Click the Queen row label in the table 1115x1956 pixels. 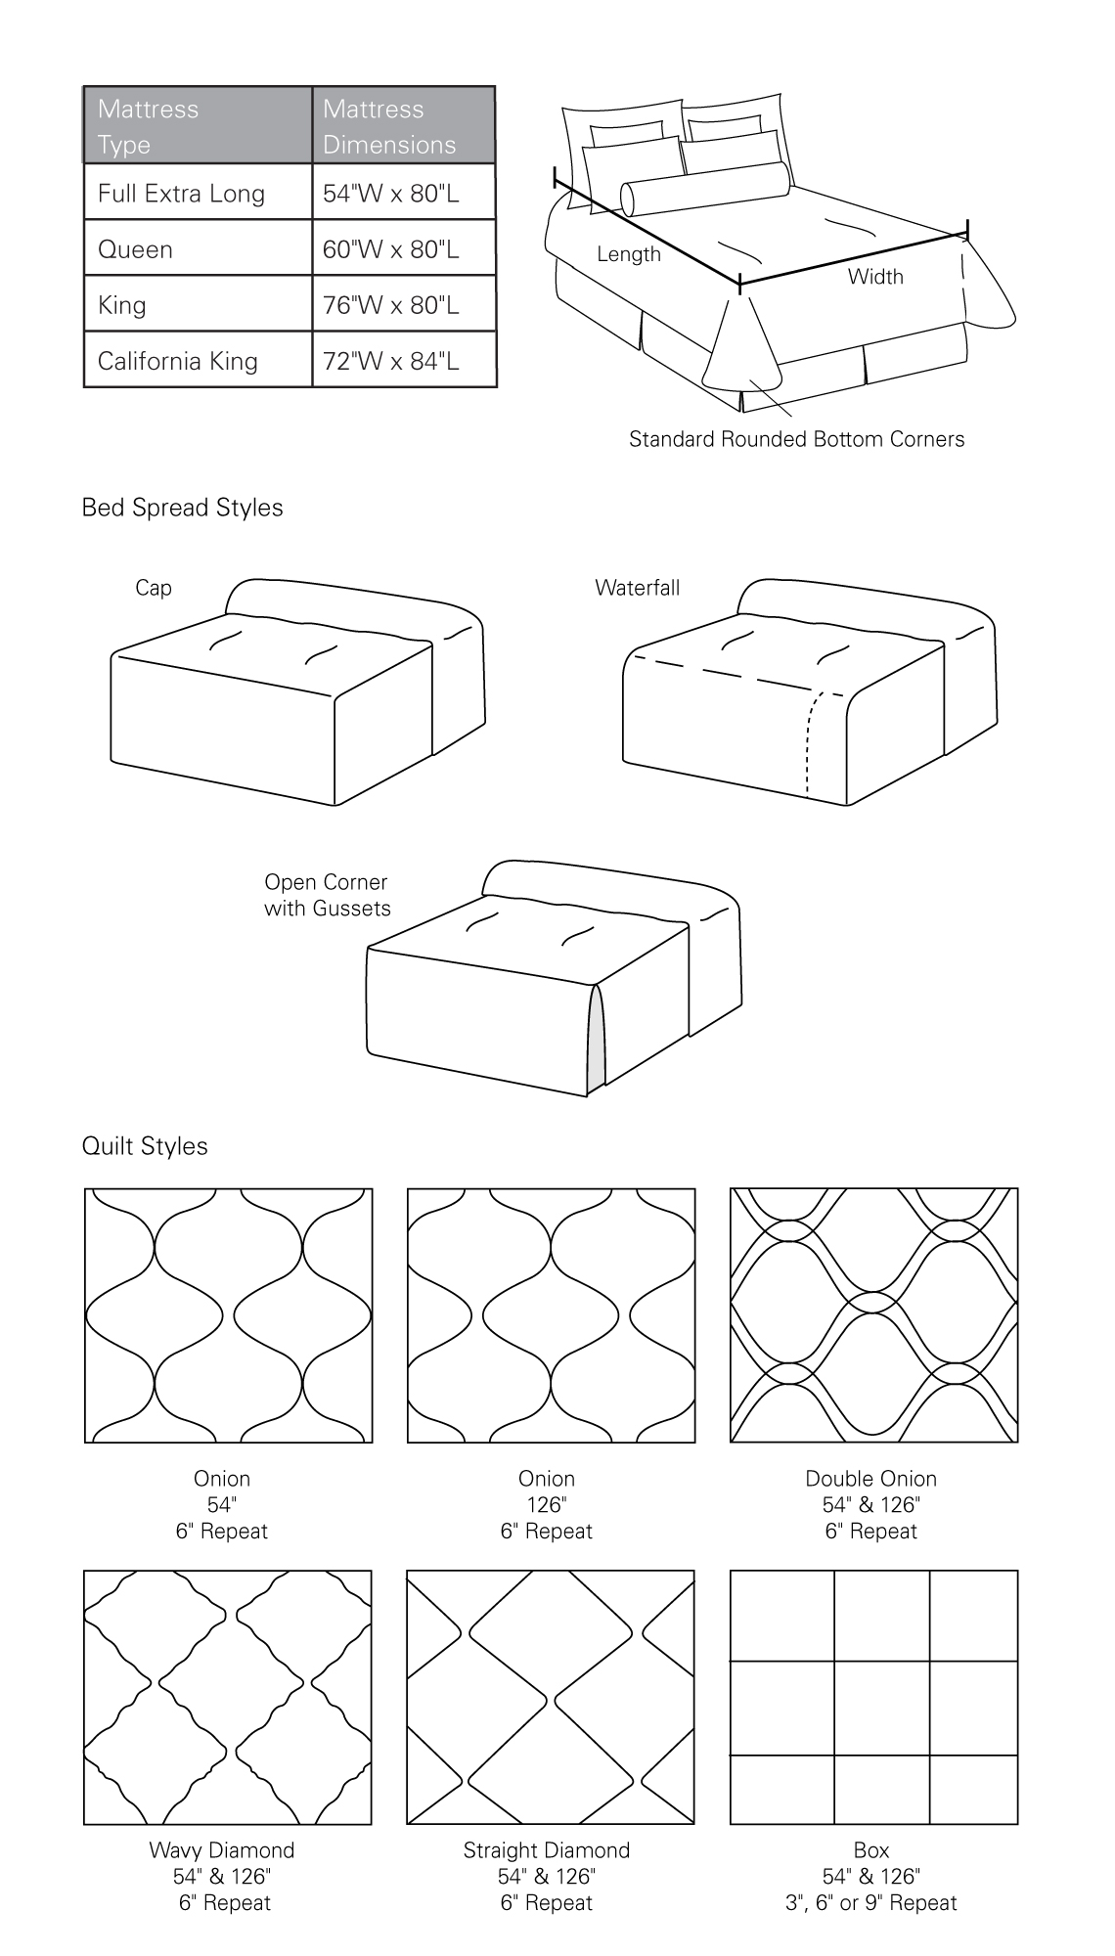coord(135,249)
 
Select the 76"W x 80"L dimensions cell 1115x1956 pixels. coord(390,305)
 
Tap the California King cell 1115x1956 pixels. coord(178,361)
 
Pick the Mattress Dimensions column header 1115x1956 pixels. coord(388,126)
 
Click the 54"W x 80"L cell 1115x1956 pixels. coord(390,194)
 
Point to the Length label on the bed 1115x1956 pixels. coord(629,254)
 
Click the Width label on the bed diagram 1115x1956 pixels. coord(875,277)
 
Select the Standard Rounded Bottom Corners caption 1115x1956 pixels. coord(796,439)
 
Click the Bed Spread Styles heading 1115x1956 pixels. coord(182,508)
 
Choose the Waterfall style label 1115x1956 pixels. coord(637,588)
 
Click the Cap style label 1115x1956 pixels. coord(154,588)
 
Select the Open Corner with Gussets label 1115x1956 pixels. coord(327,895)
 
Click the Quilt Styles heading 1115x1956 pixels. coord(145,1146)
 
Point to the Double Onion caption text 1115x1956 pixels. coord(870,1479)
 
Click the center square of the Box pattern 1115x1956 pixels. coord(880,1709)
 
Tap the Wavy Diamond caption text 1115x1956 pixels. coord(221,1850)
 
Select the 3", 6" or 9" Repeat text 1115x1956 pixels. coord(870,1903)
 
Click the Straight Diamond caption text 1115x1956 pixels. coord(546,1850)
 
